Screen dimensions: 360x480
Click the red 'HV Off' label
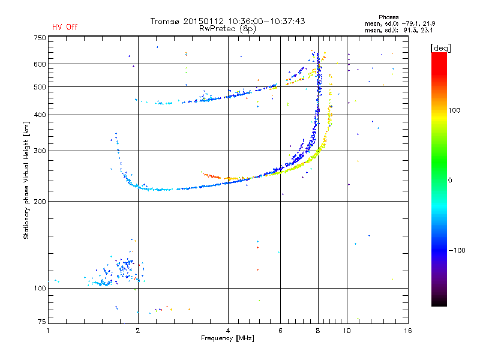[x=64, y=27]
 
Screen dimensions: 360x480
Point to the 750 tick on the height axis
[x=40, y=38]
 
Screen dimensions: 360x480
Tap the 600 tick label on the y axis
[x=40, y=64]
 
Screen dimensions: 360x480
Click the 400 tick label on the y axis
[x=40, y=115]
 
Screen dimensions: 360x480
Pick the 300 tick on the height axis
[x=40, y=151]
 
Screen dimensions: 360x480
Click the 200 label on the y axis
[x=40, y=202]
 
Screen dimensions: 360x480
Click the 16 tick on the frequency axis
[x=407, y=331]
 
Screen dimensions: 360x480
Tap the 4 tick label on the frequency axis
[x=228, y=331]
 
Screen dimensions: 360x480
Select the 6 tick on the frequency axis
[x=281, y=331]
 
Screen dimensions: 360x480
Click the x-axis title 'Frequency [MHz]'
[x=227, y=339]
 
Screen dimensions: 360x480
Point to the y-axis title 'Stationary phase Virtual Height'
[x=26, y=180]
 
